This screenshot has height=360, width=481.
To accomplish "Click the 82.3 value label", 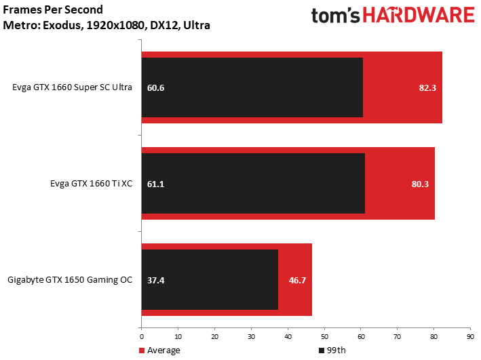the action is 427,88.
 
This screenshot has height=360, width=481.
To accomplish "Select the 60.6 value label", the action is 156,88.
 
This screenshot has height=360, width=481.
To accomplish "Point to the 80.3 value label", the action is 420,184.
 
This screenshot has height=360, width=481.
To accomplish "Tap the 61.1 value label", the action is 156,184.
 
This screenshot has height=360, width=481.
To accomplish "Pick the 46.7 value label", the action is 297,280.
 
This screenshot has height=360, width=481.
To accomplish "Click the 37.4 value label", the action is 156,280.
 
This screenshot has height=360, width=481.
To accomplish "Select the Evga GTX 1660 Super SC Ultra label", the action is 73,87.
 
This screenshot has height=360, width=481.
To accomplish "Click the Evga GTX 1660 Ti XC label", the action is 92,183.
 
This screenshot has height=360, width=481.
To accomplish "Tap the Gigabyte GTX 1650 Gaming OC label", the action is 70,280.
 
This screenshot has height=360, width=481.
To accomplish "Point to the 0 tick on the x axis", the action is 141,337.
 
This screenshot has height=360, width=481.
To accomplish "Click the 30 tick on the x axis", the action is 251,337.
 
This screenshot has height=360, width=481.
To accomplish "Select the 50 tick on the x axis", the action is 324,337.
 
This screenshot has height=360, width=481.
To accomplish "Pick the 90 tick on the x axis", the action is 470,337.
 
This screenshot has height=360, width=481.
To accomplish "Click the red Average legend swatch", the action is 142,351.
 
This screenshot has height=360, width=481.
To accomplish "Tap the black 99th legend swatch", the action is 322,351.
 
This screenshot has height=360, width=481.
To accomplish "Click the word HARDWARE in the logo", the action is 419,16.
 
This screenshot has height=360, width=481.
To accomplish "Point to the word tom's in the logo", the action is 335,16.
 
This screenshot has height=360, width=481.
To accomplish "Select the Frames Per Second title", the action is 53,9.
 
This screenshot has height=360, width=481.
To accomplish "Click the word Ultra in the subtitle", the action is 197,25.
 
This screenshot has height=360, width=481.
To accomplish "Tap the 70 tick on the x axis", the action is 398,337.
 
